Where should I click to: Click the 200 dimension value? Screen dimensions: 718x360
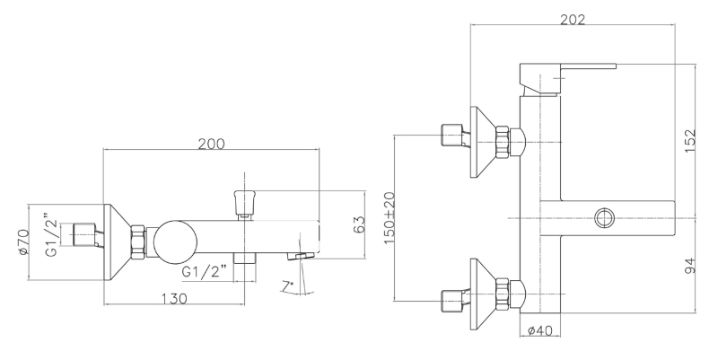pyautogui.click(x=211, y=144)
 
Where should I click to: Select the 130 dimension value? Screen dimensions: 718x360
pyautogui.click(x=174, y=299)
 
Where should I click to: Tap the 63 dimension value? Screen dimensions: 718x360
pyautogui.click(x=360, y=224)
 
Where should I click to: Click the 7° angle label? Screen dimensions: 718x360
pyautogui.click(x=287, y=286)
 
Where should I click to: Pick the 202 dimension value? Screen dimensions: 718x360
pyautogui.click(x=573, y=20)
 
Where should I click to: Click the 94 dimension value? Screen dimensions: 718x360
pyautogui.click(x=690, y=266)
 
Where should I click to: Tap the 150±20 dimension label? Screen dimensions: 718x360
pyautogui.click(x=390, y=218)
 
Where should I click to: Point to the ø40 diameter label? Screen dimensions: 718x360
pyautogui.click(x=540, y=330)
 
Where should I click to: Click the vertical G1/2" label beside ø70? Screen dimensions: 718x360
pyautogui.click(x=52, y=235)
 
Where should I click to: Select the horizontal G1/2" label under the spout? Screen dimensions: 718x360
pyautogui.click(x=205, y=272)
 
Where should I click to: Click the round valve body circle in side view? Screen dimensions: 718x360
pyautogui.click(x=175, y=242)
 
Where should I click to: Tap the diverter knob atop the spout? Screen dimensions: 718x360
pyautogui.click(x=245, y=204)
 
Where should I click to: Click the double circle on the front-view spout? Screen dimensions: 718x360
pyautogui.click(x=605, y=218)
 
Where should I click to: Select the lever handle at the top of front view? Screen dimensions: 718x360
pyautogui.click(x=568, y=80)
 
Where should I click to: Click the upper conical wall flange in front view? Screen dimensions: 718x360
pyautogui.click(x=486, y=142)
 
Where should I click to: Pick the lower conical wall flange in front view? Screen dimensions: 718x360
pyautogui.click(x=486, y=294)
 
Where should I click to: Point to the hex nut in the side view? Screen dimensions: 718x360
pyautogui.click(x=138, y=242)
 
